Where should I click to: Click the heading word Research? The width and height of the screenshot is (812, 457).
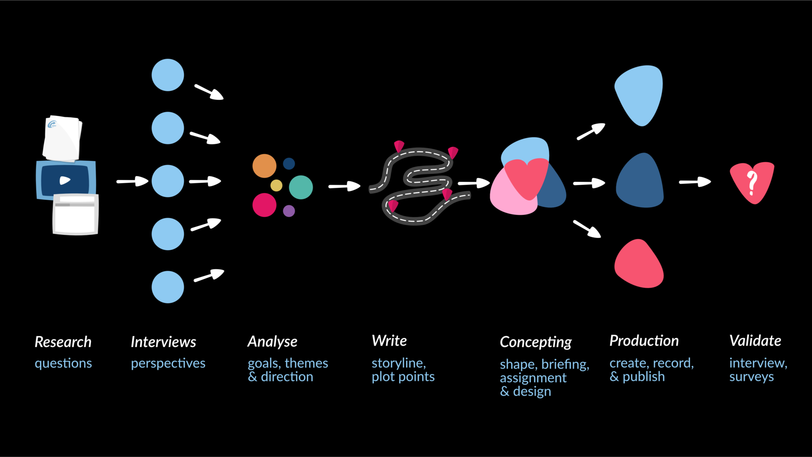click(63, 342)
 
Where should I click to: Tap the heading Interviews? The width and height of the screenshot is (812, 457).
click(163, 342)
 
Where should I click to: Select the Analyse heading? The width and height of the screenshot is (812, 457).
click(272, 341)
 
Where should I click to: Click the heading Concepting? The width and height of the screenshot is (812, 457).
click(535, 342)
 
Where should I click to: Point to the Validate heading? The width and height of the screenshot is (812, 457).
click(755, 341)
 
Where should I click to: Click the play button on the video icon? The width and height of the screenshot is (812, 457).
click(65, 181)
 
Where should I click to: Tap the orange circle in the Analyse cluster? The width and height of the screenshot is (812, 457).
click(264, 166)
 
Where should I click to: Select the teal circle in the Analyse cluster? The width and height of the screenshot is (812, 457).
click(301, 187)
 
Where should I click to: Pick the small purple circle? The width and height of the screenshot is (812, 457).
click(289, 211)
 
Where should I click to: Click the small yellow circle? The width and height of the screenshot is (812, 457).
click(276, 185)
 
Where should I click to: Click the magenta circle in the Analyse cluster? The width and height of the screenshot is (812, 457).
click(264, 205)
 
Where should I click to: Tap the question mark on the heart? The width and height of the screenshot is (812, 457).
click(752, 183)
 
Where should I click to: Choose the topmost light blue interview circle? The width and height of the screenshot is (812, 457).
click(168, 75)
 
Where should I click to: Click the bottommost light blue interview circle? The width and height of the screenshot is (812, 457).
click(168, 287)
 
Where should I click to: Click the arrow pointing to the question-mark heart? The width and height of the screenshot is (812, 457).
click(695, 182)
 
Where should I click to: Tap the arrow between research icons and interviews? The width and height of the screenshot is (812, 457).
click(132, 181)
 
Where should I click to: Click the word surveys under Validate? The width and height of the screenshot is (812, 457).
click(752, 377)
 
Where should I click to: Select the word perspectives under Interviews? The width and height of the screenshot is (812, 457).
click(168, 363)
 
